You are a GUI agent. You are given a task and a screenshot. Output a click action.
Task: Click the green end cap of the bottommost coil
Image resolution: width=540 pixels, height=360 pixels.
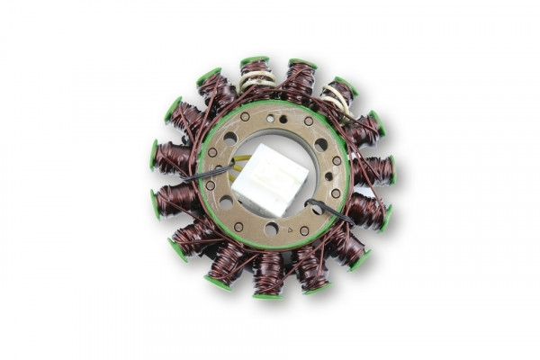[x=268, y=294]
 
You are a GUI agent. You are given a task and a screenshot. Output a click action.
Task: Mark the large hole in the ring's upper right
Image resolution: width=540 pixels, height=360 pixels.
[x=321, y=144]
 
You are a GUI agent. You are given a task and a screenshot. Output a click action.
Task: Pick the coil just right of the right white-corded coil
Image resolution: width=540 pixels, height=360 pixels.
[x=364, y=128]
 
